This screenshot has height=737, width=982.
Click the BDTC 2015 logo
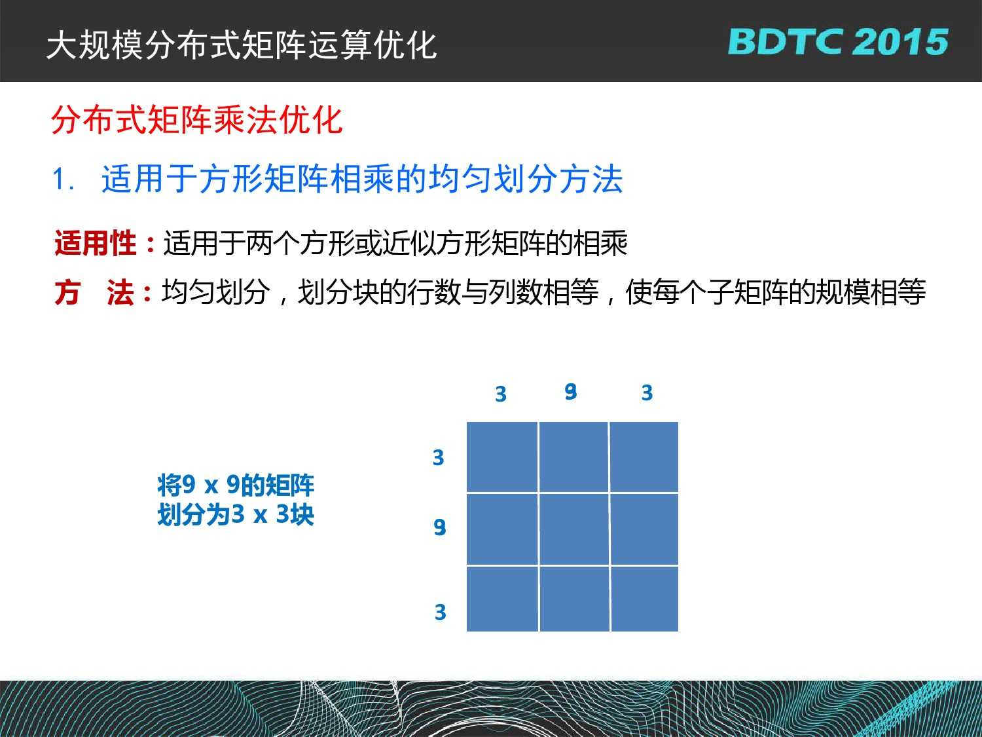[838, 42]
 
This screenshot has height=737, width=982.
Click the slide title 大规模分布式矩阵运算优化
[242, 45]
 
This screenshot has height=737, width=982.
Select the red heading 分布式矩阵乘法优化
[197, 120]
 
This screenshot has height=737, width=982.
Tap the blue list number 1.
[62, 180]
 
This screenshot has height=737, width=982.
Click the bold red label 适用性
[96, 243]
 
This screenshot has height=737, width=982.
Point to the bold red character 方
[67, 292]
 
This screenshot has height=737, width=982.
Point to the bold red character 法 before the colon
[120, 292]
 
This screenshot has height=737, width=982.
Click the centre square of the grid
[574, 529]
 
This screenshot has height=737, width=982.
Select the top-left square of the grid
[502, 457]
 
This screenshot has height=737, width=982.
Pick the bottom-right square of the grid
[645, 599]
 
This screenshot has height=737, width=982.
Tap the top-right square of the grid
[644, 457]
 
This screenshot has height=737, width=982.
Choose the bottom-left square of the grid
[502, 599]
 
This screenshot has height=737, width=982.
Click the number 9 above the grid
[570, 392]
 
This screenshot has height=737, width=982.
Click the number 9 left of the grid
[440, 527]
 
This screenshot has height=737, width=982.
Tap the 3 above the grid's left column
[501, 394]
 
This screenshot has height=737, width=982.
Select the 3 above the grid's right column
[647, 392]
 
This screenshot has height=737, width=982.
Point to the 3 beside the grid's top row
[439, 457]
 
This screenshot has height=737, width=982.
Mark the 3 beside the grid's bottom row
[441, 612]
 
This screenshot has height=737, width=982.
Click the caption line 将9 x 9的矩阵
[236, 485]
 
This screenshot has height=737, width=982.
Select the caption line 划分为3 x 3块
[236, 514]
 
